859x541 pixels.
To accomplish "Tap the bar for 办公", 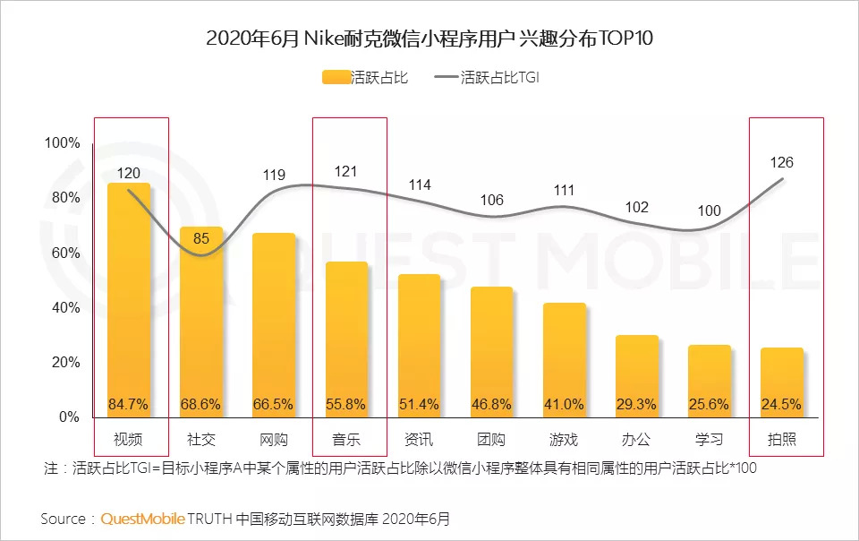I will [x=637, y=376].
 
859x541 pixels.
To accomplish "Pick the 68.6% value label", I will [x=201, y=404].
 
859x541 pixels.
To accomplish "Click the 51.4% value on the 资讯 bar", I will [x=419, y=404].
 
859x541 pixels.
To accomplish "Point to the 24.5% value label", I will [x=782, y=404].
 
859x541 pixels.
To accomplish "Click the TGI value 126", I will [x=781, y=162].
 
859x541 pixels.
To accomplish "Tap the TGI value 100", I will [x=709, y=211].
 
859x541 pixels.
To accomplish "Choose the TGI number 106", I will [x=491, y=200].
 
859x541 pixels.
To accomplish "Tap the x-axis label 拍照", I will [x=782, y=440].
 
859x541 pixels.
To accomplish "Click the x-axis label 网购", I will [x=274, y=440].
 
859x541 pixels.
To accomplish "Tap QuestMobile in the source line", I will [x=143, y=519].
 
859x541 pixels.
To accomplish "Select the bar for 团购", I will [x=491, y=352].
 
